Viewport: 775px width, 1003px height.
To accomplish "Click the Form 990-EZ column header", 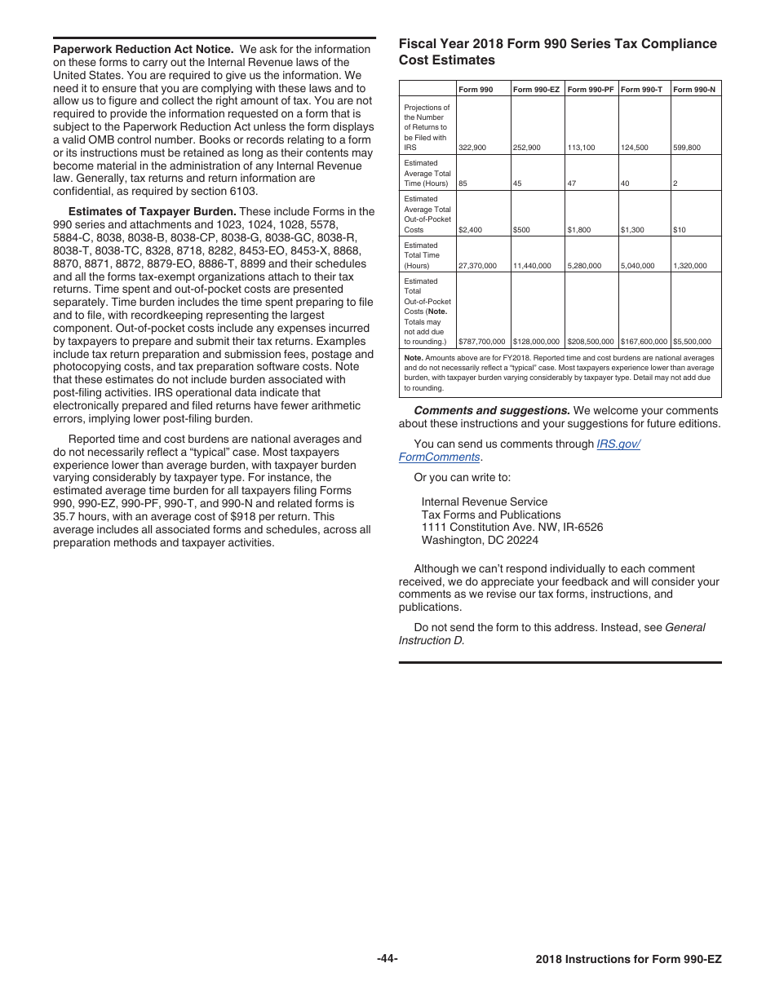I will [536, 89].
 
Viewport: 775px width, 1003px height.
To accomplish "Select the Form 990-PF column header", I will [590, 89].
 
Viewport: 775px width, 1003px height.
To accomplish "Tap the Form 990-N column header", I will [694, 89].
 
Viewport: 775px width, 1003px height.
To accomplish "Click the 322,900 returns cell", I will [472, 148].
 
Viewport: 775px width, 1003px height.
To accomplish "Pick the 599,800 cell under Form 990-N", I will [686, 148].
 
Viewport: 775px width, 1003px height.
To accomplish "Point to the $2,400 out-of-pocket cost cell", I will [470, 230].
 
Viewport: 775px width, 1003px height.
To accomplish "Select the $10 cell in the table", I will [679, 230].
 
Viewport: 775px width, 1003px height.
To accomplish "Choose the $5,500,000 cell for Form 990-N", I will [692, 342].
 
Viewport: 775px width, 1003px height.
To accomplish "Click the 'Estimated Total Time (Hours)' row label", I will [426, 255].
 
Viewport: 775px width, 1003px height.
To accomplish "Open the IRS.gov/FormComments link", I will [519, 450].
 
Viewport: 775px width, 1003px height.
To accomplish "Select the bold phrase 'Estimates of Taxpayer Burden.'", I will [153, 211].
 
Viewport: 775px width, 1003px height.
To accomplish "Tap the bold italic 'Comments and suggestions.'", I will [492, 410].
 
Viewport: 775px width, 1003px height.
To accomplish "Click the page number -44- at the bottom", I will [387, 958].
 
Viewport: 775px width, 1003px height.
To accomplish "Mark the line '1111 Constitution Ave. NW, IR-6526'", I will [512, 527].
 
